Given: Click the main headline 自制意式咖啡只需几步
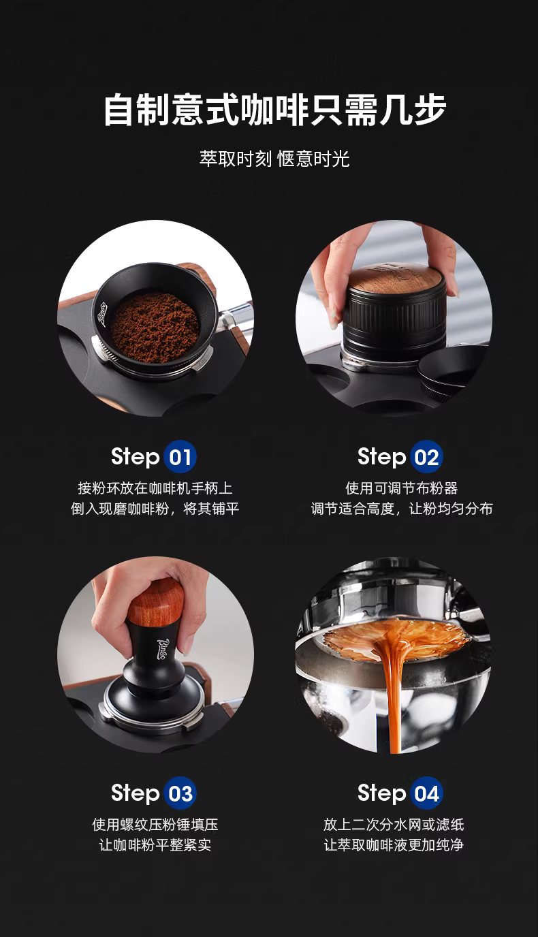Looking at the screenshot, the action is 275,110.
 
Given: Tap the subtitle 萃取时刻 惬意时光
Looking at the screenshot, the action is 274,159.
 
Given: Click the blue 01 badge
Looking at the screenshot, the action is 180,457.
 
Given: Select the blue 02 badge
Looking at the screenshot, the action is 426,457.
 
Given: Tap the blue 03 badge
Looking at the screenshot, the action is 180,793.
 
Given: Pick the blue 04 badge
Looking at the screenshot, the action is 426,793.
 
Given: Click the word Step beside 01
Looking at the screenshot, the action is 135,457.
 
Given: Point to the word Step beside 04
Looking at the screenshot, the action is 381,793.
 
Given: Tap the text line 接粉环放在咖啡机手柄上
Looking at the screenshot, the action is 155,488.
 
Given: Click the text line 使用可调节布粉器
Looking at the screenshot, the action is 402,488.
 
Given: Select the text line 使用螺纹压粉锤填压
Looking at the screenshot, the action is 155,825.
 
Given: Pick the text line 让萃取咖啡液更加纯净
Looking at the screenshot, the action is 394,844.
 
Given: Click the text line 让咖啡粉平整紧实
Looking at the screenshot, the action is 155,844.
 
